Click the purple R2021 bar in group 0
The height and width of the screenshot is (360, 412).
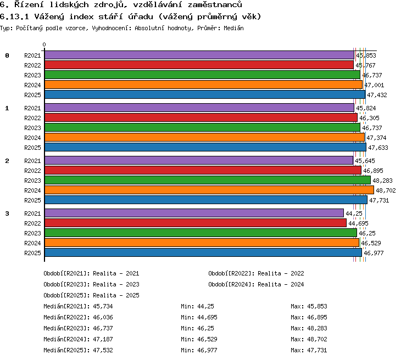199,55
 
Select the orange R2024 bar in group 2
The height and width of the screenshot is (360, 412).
209,190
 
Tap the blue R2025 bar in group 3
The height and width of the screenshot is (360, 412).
203,252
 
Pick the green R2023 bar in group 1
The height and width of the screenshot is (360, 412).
202,128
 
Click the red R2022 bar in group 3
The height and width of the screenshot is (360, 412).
196,223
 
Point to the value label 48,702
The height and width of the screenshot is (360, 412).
386,190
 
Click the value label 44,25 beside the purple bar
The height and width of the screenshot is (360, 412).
354,213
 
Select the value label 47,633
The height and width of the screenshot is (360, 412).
378,148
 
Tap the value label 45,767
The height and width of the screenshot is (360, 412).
365,65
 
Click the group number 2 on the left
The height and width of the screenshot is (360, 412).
7,161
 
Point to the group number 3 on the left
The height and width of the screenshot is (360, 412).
7,213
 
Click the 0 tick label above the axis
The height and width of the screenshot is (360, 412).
44,44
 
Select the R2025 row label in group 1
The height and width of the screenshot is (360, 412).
32,148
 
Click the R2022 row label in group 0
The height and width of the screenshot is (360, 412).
32,65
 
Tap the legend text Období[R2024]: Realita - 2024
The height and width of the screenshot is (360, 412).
256,284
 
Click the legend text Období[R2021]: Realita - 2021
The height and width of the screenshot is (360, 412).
91,273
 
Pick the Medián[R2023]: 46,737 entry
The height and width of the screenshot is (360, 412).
79,328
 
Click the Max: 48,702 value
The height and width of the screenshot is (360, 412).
309,339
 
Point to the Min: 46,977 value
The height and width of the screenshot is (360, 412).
199,350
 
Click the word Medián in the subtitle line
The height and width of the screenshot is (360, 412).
233,28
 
